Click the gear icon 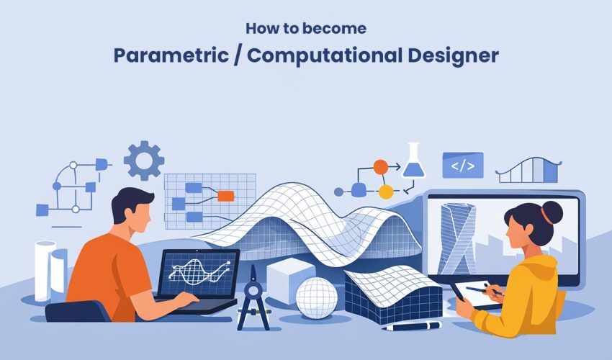[x=143, y=160]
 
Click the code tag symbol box [x=462, y=165]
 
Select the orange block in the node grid [x=225, y=195]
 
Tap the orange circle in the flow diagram [x=380, y=167]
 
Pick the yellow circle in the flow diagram [x=386, y=192]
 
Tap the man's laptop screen [x=199, y=274]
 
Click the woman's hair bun [x=552, y=212]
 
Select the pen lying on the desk [x=411, y=326]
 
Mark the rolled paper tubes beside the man [x=50, y=270]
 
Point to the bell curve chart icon [x=528, y=170]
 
